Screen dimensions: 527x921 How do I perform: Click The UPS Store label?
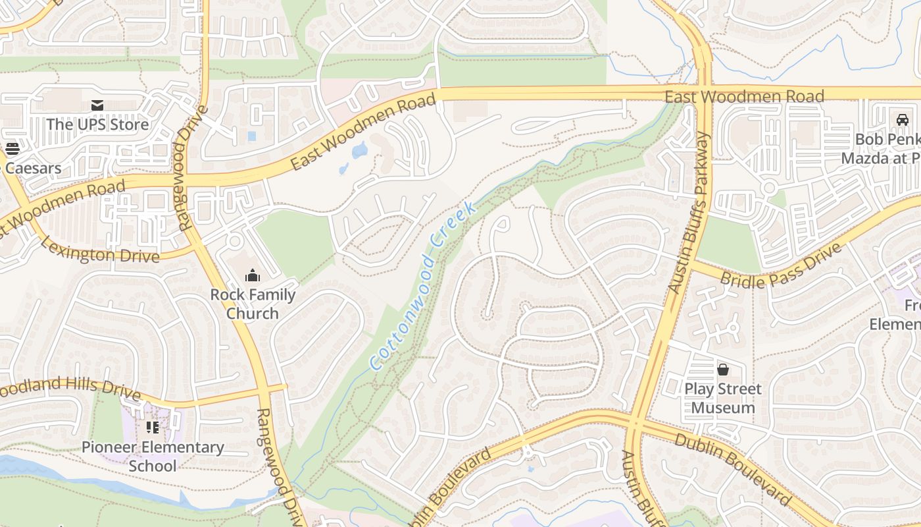coord(97,124)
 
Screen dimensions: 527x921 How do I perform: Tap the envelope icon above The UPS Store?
coord(97,105)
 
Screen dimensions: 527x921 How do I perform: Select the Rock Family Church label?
coord(253,304)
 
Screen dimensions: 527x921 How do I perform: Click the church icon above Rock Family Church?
coord(253,276)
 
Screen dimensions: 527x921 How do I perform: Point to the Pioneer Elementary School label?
coord(153,457)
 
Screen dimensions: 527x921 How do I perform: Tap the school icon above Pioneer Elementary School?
coord(153,428)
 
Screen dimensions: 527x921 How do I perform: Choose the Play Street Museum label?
coord(723,398)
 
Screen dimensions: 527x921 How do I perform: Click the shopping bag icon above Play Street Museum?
coord(723,370)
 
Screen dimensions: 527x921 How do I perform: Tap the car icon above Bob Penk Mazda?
coord(903,120)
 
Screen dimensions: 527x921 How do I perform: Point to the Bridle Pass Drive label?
coord(781,265)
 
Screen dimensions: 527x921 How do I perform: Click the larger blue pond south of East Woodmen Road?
coord(359,151)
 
